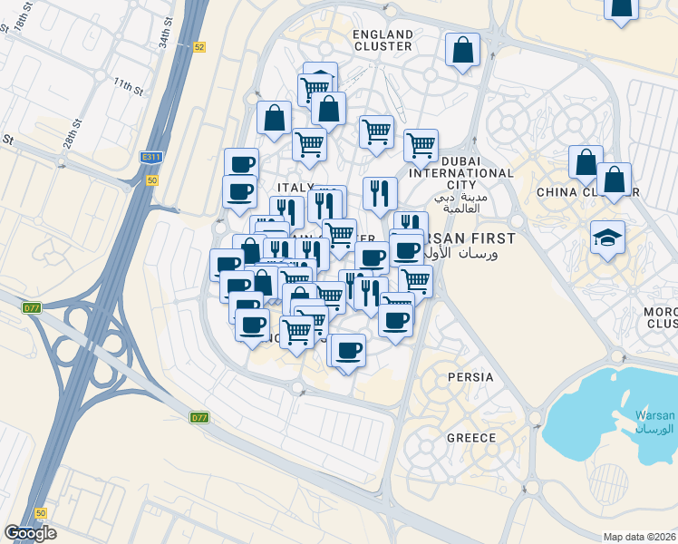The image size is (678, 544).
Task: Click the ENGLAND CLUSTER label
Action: (383, 41)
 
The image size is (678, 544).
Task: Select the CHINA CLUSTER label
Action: (587, 192)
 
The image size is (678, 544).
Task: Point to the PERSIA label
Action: (470, 377)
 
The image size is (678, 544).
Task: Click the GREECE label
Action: (470, 438)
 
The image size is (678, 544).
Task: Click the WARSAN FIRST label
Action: (471, 238)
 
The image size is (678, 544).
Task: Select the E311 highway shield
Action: (150, 157)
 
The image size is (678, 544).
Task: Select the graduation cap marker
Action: (607, 238)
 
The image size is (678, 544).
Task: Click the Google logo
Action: (30, 533)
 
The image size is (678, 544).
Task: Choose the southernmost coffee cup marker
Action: (346, 351)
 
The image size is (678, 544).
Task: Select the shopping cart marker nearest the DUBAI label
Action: (421, 144)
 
